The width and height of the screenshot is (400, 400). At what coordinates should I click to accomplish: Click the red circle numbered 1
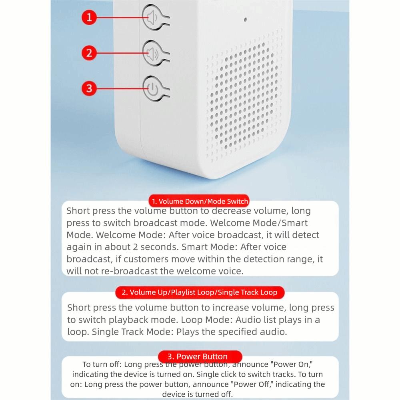tap(89, 17)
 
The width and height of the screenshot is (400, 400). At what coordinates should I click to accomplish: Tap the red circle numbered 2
tap(89, 52)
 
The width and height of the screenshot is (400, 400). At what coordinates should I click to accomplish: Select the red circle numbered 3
tap(89, 88)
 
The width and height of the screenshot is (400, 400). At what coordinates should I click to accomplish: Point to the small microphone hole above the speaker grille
tap(245, 19)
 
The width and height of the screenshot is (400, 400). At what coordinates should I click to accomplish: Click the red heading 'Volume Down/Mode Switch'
tap(199, 201)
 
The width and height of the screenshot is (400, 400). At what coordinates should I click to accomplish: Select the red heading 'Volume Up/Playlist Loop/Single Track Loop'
tap(199, 292)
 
